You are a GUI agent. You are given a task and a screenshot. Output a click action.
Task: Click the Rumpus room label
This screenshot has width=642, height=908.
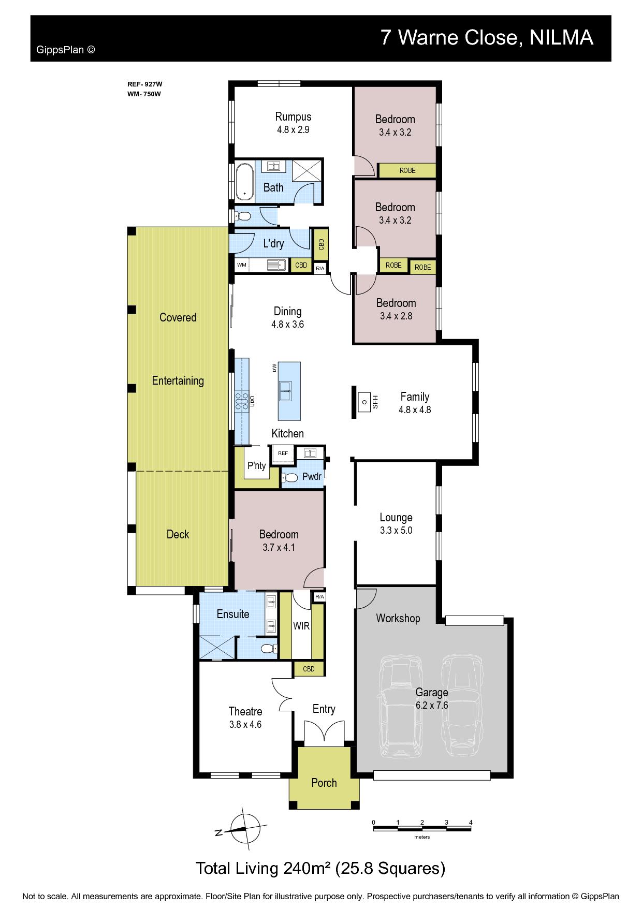pyautogui.click(x=293, y=116)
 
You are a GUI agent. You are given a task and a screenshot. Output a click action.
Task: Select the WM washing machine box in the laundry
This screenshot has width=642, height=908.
pyautogui.click(x=242, y=265)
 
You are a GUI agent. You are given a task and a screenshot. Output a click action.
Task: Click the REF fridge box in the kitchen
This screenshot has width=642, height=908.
pyautogui.click(x=283, y=453)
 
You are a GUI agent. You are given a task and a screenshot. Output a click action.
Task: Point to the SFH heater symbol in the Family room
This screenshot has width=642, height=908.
pyautogui.click(x=365, y=401)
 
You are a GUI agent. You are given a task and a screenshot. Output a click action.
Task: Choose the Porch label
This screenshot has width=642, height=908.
pyautogui.click(x=324, y=783)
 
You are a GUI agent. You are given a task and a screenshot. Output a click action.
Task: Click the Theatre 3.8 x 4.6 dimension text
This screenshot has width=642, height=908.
pyautogui.click(x=245, y=725)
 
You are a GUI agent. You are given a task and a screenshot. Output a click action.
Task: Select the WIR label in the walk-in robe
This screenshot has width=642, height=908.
pyautogui.click(x=301, y=626)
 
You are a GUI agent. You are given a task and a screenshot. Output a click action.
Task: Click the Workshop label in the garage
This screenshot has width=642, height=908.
pyautogui.click(x=398, y=618)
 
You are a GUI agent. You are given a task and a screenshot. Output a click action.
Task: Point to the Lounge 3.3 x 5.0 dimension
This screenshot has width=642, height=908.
pyautogui.click(x=396, y=530)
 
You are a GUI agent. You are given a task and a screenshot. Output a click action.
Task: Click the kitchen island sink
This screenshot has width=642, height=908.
pyautogui.click(x=285, y=391)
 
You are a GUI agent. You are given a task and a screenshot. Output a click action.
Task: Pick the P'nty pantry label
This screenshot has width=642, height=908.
pyautogui.click(x=256, y=465)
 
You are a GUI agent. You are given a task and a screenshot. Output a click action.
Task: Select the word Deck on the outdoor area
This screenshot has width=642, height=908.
pyautogui.click(x=178, y=534)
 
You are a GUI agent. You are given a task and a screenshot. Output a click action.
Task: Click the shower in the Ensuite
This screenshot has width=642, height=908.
pyautogui.click(x=217, y=647)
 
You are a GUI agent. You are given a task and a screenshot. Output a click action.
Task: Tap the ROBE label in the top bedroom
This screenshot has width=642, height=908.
pyautogui.click(x=407, y=170)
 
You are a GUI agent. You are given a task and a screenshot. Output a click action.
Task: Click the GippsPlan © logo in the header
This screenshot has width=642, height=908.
pyautogui.click(x=66, y=50)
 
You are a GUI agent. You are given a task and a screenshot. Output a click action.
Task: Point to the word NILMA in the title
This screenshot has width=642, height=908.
pyautogui.click(x=561, y=37)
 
